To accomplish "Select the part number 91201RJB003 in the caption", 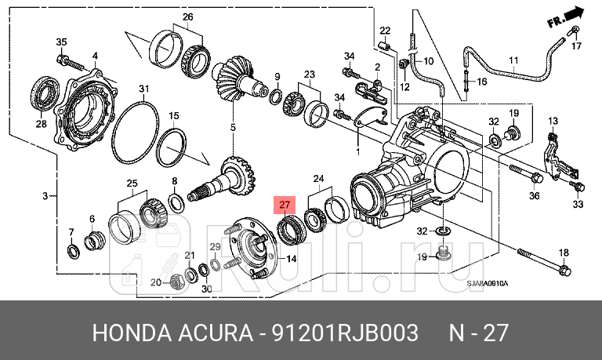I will click(345, 333).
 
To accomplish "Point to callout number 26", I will click(187, 16).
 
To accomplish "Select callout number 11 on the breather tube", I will click(513, 60).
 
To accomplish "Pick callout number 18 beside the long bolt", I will click(564, 252).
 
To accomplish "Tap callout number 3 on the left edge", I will click(45, 195).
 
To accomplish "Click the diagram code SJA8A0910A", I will click(487, 283).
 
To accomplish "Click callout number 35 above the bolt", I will click(61, 42).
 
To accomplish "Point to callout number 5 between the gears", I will click(232, 127).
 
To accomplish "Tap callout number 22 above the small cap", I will click(385, 31).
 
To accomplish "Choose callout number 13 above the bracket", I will click(552, 121).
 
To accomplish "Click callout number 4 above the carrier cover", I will click(95, 55).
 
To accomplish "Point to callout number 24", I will click(317, 179).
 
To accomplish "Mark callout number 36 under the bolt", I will click(535, 196).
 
